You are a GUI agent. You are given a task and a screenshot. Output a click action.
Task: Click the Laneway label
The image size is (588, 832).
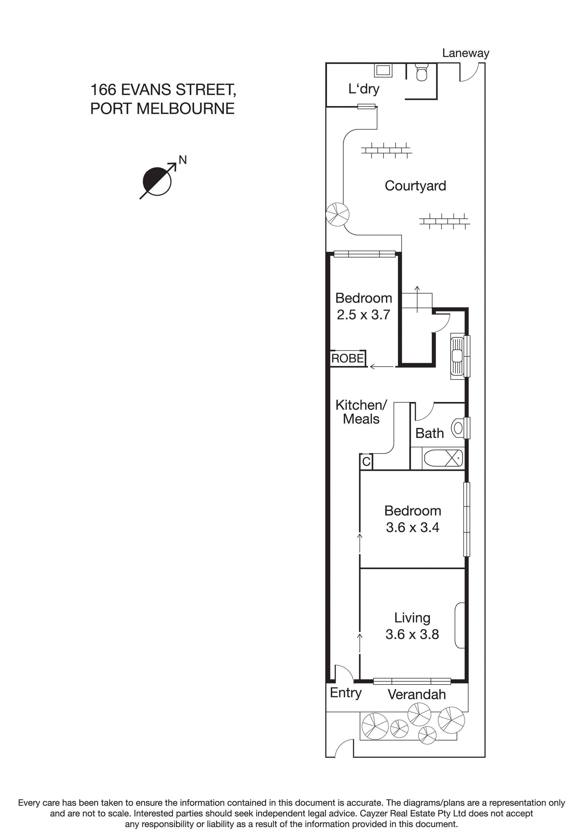466,53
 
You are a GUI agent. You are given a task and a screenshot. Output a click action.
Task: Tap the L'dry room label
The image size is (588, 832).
364,89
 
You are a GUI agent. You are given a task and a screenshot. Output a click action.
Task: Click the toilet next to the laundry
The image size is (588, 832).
421,72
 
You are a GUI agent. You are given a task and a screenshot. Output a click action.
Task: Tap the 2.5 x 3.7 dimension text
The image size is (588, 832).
363,314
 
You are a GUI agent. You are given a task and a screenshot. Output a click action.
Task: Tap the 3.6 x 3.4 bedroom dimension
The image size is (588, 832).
412,527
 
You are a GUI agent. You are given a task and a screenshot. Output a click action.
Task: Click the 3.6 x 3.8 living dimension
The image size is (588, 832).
412,634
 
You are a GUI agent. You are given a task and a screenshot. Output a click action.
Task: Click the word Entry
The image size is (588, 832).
346,693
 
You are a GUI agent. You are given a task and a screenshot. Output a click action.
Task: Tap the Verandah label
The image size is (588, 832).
417,694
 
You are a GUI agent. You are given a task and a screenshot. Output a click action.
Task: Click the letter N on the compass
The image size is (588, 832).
183,160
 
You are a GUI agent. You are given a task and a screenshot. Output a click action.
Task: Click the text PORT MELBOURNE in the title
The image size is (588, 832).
162,109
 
